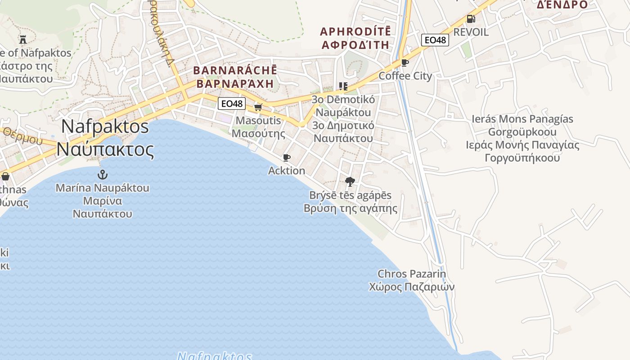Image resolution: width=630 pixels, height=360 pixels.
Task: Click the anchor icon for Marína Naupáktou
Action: (103, 174)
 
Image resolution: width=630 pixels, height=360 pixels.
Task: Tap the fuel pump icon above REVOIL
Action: (471, 19)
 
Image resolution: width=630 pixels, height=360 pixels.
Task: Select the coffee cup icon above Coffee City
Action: (405, 63)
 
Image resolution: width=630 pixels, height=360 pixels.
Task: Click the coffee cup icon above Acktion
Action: (286, 157)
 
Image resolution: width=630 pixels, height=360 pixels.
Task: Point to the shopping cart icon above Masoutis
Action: (258, 107)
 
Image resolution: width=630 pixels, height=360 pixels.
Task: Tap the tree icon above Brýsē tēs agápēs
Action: (350, 182)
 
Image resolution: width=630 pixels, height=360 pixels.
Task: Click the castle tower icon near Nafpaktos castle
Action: (23, 39)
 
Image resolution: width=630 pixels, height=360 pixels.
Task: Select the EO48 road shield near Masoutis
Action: (232, 103)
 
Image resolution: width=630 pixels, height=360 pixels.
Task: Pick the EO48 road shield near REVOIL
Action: (435, 40)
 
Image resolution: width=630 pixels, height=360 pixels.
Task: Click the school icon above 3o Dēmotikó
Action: (343, 86)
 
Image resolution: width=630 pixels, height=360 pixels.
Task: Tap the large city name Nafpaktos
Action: (105, 126)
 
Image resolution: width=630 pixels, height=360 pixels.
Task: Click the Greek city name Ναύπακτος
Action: (105, 149)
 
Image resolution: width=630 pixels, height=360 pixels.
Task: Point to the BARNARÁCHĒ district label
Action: (235, 71)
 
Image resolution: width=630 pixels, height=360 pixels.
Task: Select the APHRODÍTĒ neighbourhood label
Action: (355, 32)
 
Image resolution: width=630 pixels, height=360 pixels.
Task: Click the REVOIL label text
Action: (471, 32)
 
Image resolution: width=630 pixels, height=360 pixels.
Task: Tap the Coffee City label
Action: (405, 76)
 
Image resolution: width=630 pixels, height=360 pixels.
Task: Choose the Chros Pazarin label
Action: (412, 274)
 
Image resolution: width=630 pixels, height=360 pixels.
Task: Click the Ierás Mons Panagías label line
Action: (522, 119)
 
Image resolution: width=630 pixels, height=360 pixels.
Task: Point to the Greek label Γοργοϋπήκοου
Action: (522, 158)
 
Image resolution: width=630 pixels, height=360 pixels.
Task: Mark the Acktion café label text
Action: (287, 171)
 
